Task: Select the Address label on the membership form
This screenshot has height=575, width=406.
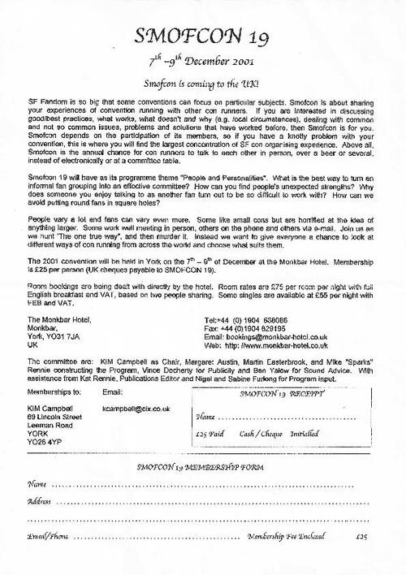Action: (x=38, y=502)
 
